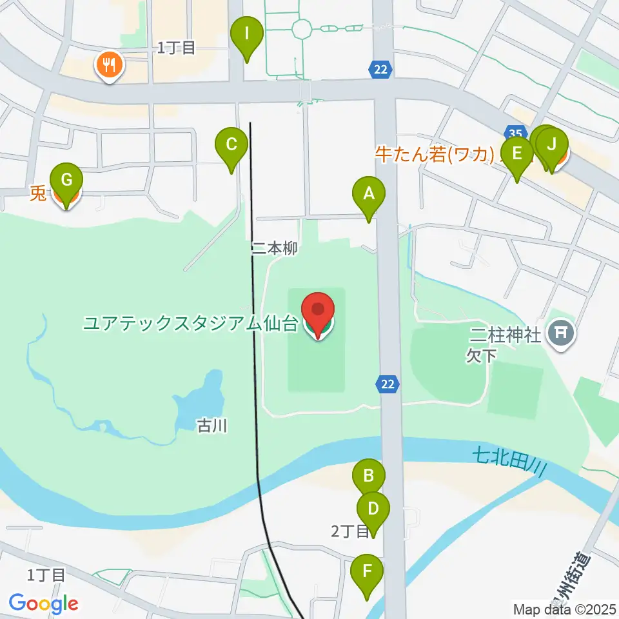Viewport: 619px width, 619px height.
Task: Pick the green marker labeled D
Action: [x=373, y=509]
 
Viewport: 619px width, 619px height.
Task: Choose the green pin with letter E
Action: [x=516, y=154]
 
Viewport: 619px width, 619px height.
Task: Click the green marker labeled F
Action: [x=367, y=571]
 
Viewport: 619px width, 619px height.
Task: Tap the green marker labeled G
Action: [x=66, y=179]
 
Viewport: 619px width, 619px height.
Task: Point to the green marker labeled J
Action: [x=551, y=144]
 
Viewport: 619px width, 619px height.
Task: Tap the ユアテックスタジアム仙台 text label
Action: [x=190, y=322]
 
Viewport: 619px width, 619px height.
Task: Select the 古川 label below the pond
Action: [x=212, y=426]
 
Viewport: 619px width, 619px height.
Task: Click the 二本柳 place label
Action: [x=275, y=249]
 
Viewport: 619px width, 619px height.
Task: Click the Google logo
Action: [x=44, y=604]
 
